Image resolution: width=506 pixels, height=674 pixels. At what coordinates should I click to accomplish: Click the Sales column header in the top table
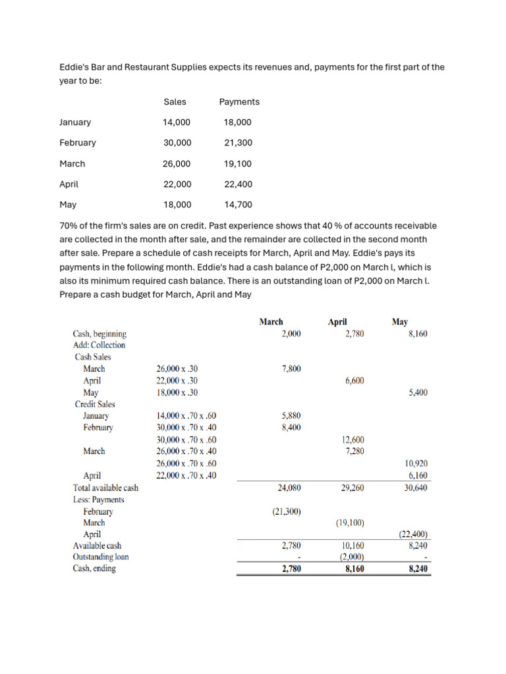(175, 101)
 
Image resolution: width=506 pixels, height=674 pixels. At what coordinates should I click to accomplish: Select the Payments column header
(239, 101)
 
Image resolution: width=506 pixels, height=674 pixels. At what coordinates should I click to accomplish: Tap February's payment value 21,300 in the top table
(238, 143)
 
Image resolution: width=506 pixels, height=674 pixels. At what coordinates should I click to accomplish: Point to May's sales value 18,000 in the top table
(177, 205)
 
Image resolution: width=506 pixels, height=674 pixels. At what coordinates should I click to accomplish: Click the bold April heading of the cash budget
(337, 322)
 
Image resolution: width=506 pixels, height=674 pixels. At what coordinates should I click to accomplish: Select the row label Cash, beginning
(99, 334)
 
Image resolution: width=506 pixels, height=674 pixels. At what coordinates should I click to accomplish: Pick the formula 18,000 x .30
(177, 393)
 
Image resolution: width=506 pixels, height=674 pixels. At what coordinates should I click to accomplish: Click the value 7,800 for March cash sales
(291, 369)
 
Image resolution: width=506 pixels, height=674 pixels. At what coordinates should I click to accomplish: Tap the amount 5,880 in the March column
(291, 416)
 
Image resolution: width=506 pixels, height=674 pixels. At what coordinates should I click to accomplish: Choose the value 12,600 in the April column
(352, 440)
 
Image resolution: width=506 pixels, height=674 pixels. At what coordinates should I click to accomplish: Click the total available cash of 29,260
(352, 488)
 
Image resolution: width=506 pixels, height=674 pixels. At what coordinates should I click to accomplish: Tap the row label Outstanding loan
(101, 557)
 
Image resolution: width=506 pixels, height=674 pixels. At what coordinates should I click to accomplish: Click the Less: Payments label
(98, 500)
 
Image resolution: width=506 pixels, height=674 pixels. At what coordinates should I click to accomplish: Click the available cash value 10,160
(352, 546)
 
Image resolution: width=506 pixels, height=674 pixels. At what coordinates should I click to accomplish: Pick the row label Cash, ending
(94, 569)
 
